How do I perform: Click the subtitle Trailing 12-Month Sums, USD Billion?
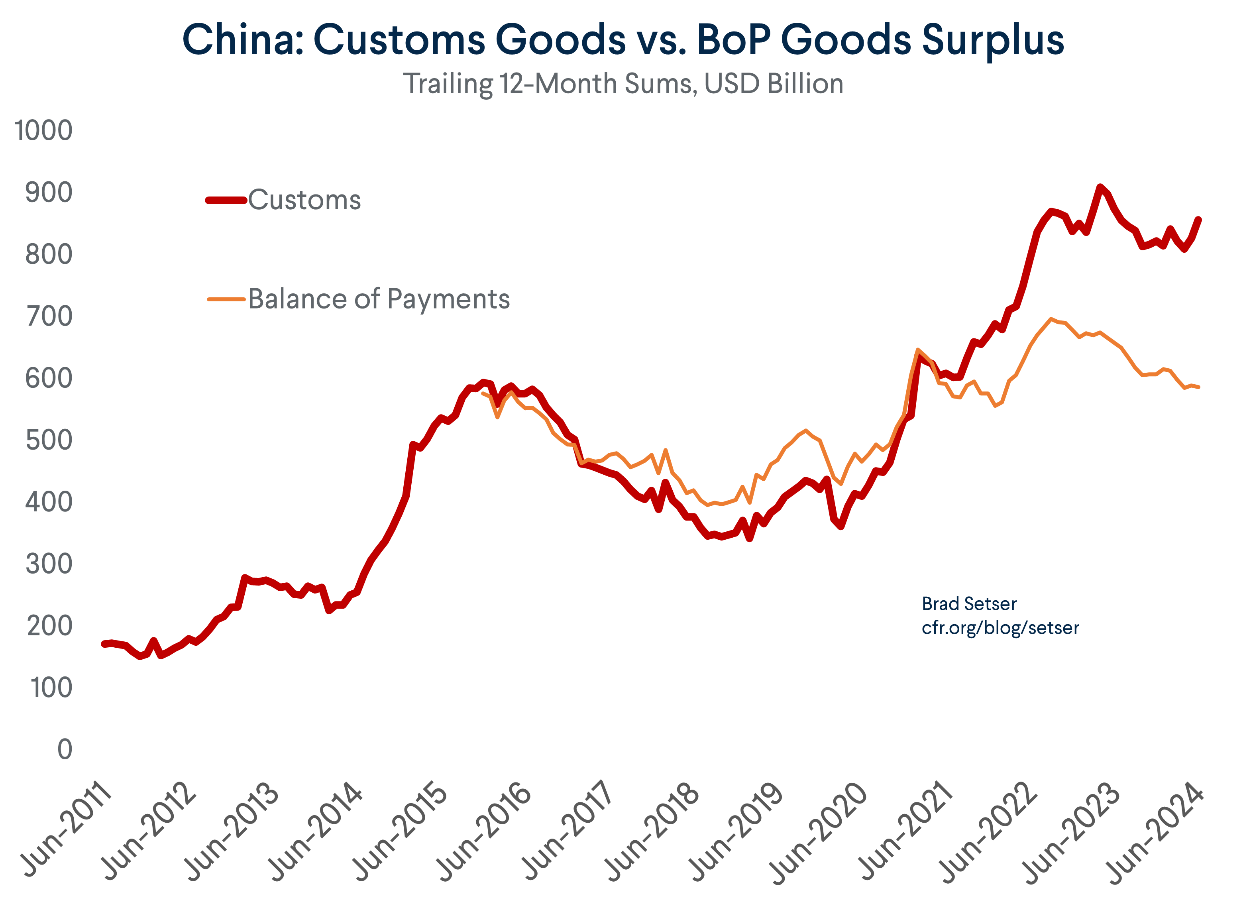623,84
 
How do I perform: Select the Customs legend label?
304,200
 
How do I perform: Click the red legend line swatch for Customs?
226,200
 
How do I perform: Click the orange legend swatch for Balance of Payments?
226,300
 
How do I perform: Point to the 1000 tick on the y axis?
43,131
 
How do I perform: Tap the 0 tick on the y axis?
64,750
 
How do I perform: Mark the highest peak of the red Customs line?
1100,187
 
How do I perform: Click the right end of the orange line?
1199,387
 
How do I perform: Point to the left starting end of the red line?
104,644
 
